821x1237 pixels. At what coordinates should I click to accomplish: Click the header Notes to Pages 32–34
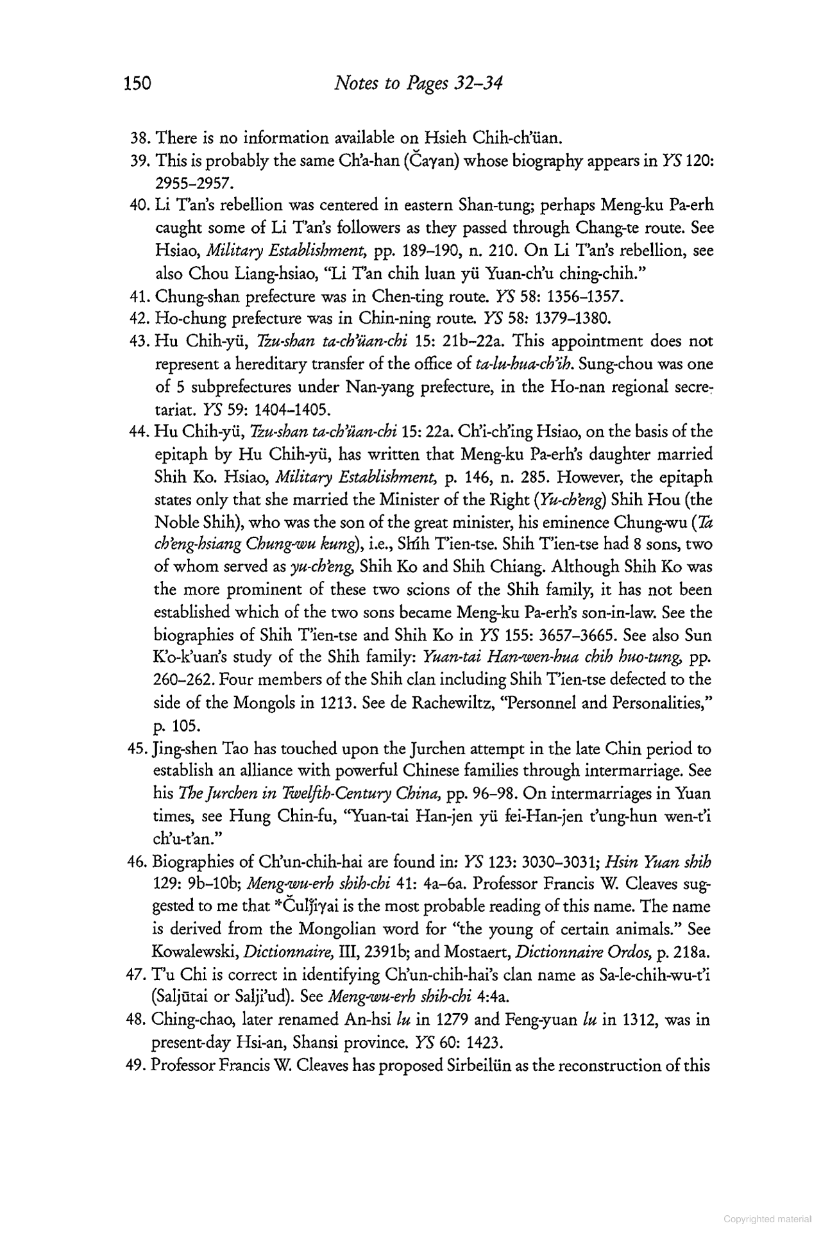pyautogui.click(x=418, y=85)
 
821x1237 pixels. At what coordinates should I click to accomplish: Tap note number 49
pyautogui.click(x=139, y=1066)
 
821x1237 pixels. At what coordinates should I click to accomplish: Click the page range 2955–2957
pyautogui.click(x=193, y=183)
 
